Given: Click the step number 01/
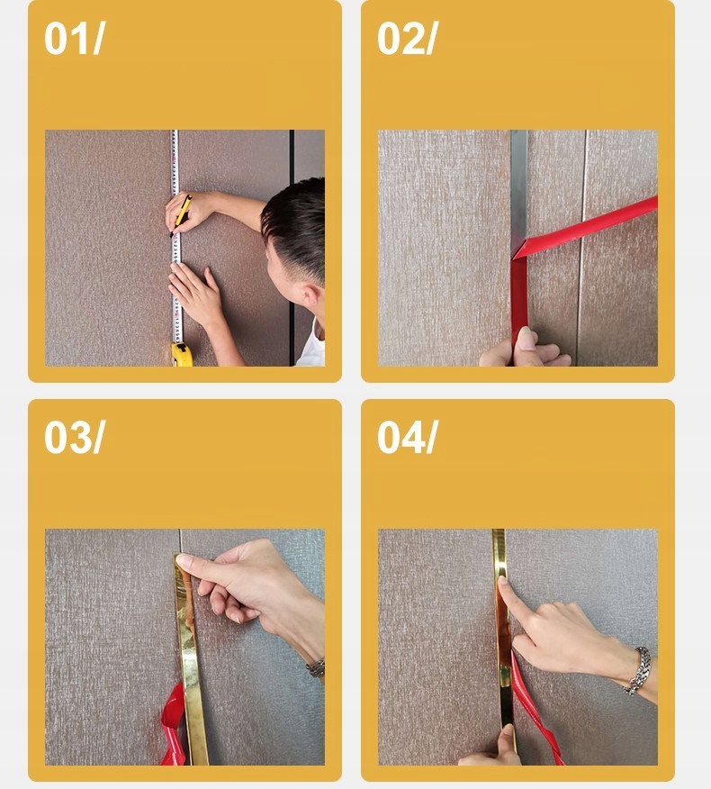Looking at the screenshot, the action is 75,38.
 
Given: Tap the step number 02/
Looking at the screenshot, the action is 408,38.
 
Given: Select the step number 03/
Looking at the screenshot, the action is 75,437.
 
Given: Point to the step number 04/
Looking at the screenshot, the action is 408,437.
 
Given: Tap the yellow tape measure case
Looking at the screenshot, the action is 182,354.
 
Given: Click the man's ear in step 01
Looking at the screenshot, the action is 310,295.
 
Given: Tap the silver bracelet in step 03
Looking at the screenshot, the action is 316,667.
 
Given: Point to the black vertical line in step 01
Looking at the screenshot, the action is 292,248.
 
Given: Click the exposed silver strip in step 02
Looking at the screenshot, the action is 519,191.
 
